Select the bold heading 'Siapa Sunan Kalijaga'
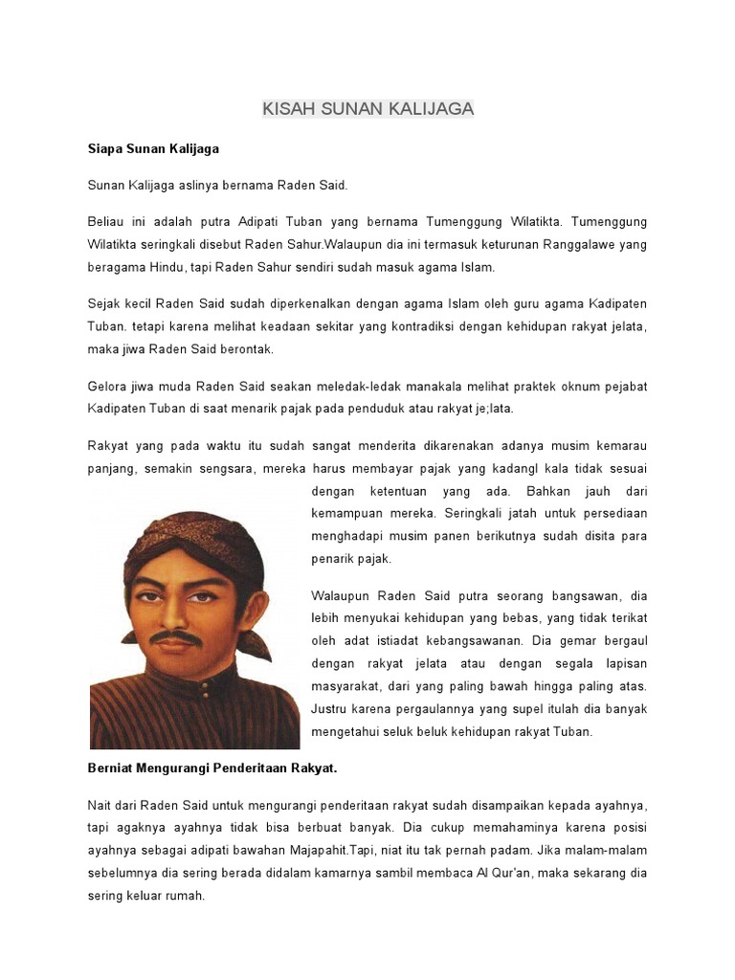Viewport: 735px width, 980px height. click(153, 148)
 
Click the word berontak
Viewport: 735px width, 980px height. click(249, 349)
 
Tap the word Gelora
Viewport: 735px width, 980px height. click(108, 386)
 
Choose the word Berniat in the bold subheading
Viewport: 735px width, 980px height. click(112, 768)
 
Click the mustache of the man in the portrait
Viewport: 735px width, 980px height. click(176, 635)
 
